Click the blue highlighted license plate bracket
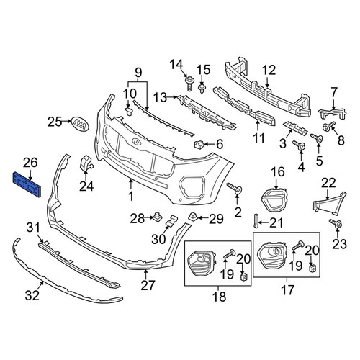(x=27, y=184)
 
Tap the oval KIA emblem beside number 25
(x=79, y=125)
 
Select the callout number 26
(x=30, y=163)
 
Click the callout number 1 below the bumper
(x=131, y=197)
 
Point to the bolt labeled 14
(x=189, y=83)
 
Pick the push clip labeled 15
(x=202, y=89)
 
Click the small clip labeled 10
(x=129, y=112)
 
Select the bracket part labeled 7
(x=333, y=114)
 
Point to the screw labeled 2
(x=234, y=187)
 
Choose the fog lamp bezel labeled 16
(x=274, y=199)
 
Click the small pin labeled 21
(x=256, y=221)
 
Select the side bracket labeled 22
(x=330, y=203)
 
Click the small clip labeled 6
(x=198, y=145)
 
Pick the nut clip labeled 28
(x=157, y=216)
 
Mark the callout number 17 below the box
(x=287, y=290)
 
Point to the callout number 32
(x=32, y=295)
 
